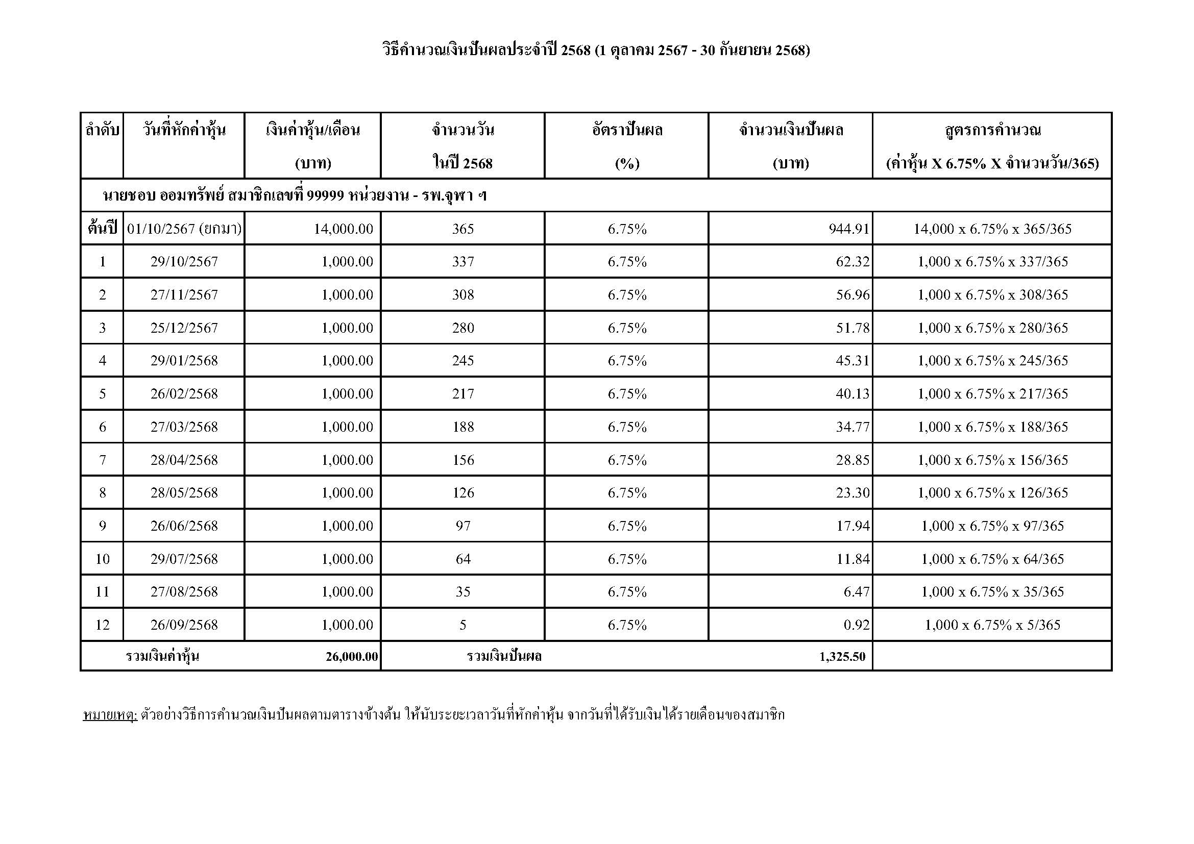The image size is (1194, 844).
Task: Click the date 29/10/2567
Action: click(x=184, y=261)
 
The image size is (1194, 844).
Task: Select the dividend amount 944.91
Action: click(x=849, y=229)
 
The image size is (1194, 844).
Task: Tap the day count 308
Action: click(x=463, y=294)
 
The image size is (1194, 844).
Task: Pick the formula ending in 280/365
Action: click(x=992, y=328)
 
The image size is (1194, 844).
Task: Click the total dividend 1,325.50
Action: click(x=842, y=656)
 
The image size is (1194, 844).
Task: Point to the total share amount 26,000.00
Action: click(x=352, y=656)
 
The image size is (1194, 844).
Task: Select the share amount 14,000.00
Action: click(x=343, y=229)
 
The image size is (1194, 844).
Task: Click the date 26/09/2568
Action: click(x=184, y=625)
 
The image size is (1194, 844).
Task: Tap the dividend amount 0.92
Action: click(x=857, y=625)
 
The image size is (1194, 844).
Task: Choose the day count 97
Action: click(x=463, y=526)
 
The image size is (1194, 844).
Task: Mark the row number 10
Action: click(x=103, y=559)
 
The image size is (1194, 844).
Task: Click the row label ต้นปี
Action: click(x=103, y=228)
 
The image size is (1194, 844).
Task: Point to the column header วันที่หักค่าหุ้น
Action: click(x=184, y=130)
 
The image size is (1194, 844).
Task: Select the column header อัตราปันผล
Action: click(x=627, y=130)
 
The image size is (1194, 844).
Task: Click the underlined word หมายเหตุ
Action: click(x=110, y=715)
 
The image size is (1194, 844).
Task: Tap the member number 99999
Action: click(x=325, y=195)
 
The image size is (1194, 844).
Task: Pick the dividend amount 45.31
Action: click(x=852, y=361)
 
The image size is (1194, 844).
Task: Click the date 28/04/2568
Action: click(x=184, y=460)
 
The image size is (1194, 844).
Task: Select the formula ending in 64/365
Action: click(x=992, y=559)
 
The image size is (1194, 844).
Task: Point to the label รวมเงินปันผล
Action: click(x=504, y=656)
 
